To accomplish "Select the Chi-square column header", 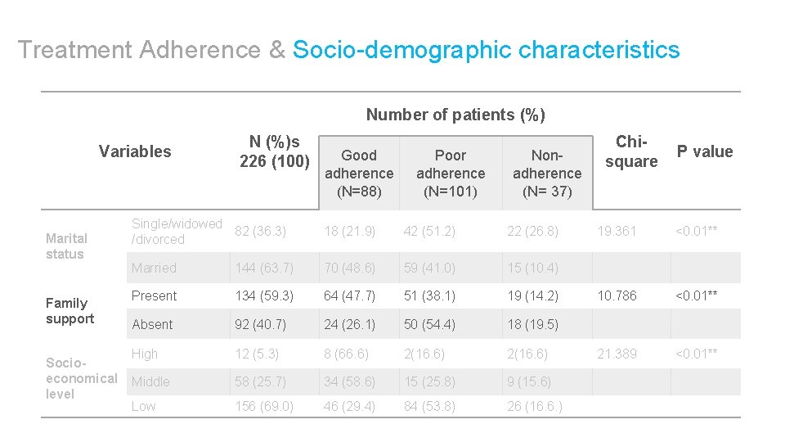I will (630, 151).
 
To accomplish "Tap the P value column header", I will (704, 151).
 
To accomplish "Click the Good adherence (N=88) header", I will (359, 173).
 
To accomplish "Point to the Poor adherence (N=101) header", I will (450, 173).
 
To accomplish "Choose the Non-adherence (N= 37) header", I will (546, 173).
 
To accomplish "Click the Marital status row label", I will (66, 246).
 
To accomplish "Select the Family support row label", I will (70, 310).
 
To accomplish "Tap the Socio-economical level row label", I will (81, 377).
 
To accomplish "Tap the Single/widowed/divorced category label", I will (177, 231).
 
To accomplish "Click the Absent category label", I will (152, 324).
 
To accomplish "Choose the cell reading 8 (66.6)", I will (346, 354).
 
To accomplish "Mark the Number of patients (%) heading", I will (455, 115).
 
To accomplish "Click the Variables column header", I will (135, 151).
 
